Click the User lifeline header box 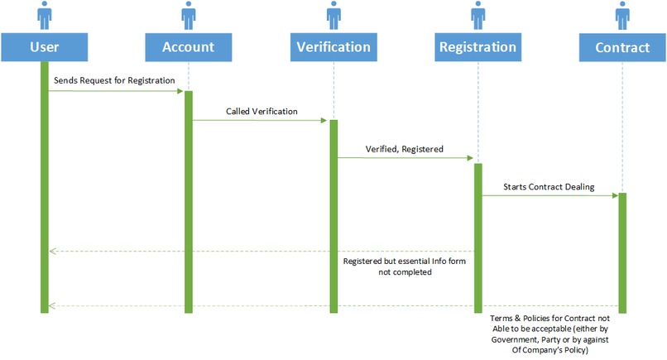click(44, 46)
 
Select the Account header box click(189, 46)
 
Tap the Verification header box click(333, 46)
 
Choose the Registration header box click(477, 46)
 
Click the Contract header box click(621, 46)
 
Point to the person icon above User click(44, 16)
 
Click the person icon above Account click(189, 16)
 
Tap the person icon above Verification click(333, 16)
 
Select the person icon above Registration click(477, 16)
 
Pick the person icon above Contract click(621, 16)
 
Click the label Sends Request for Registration click(114, 81)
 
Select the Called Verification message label click(262, 110)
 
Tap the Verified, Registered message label click(405, 149)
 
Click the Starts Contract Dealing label click(549, 187)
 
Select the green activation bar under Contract click(621, 252)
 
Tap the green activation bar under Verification click(333, 215)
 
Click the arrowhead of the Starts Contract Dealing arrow click(614, 196)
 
